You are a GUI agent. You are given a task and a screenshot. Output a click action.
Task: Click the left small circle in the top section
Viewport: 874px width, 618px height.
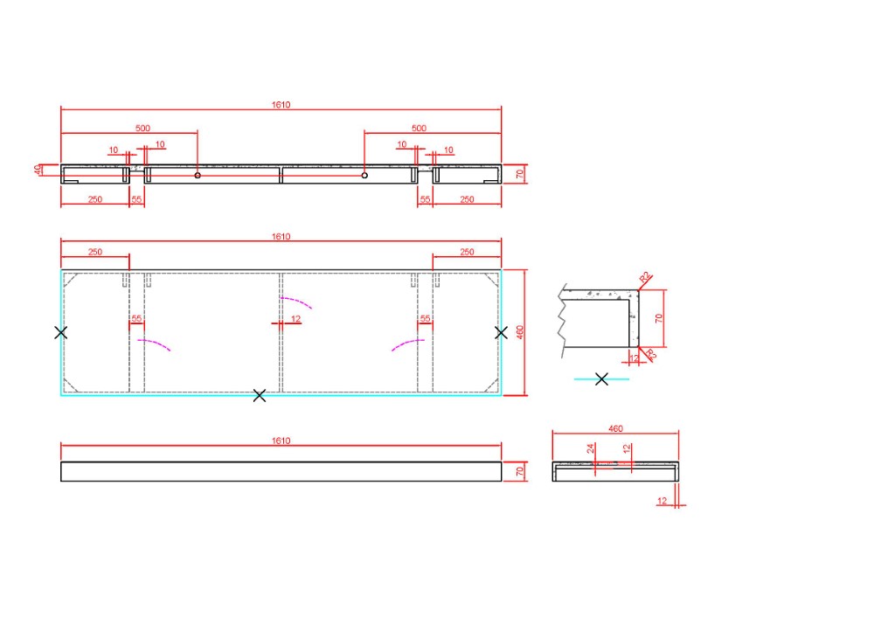tap(198, 176)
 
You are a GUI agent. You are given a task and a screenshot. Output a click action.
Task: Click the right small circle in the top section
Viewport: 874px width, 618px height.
tap(364, 176)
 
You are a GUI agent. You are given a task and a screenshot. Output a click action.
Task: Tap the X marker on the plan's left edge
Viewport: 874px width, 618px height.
tap(61, 333)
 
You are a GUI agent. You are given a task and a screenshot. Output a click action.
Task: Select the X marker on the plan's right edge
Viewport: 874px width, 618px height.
tap(501, 333)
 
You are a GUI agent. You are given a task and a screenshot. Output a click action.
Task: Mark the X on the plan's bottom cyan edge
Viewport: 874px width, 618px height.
tap(260, 396)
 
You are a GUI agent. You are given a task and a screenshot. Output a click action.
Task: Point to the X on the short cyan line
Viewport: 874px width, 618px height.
tap(601, 379)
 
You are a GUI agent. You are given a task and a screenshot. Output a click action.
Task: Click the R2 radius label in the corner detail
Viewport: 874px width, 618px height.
tap(644, 276)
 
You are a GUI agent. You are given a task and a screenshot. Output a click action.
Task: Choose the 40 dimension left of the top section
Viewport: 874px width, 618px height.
tap(38, 170)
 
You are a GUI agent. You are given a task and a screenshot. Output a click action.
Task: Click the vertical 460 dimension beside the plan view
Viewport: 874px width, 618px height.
tap(520, 333)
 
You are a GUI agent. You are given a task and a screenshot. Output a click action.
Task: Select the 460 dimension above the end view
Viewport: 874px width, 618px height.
tap(615, 428)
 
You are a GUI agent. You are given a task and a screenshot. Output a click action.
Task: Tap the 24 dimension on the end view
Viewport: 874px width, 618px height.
tap(591, 448)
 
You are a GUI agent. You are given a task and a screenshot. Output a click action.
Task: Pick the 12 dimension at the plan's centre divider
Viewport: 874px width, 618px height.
tap(295, 319)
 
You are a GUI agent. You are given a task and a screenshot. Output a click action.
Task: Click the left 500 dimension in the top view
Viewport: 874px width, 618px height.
tap(142, 128)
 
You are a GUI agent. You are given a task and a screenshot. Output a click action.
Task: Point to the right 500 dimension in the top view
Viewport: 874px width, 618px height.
tap(419, 128)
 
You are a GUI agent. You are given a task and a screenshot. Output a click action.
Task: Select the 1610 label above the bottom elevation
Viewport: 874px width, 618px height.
tap(281, 441)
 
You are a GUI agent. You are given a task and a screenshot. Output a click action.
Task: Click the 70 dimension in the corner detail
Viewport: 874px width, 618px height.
tap(659, 318)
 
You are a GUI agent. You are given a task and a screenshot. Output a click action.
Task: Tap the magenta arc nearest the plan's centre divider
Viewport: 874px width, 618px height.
tap(296, 302)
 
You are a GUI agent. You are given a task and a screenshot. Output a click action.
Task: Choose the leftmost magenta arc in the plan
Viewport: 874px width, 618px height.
tap(154, 345)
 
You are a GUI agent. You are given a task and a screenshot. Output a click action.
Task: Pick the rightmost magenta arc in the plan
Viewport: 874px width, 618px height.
tap(408, 345)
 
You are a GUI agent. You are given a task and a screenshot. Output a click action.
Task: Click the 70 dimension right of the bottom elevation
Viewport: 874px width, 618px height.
tap(520, 471)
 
